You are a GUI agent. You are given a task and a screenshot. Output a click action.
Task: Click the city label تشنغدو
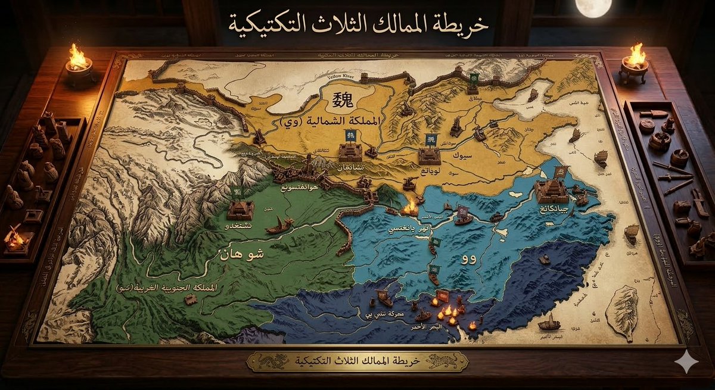pyautogui.click(x=239, y=227)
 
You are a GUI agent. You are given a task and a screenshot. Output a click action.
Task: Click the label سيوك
pyautogui.click(x=462, y=156)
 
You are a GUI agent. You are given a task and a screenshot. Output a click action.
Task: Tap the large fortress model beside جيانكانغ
pyautogui.click(x=551, y=190)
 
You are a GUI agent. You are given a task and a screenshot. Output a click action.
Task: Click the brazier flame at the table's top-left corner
pyautogui.click(x=77, y=57)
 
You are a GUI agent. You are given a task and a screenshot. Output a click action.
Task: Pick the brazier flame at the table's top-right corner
pyautogui.click(x=636, y=55)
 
